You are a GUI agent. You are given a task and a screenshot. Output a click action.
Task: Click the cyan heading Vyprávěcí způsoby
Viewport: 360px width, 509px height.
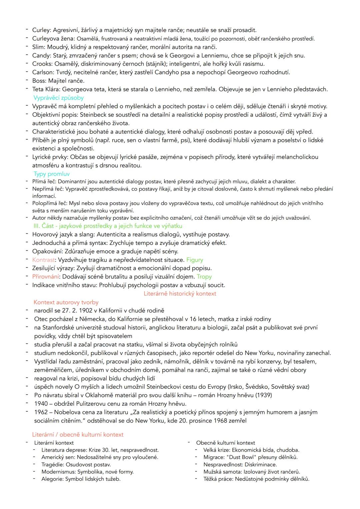coord(58,98)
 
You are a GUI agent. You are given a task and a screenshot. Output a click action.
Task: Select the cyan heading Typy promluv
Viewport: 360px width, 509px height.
coord(51,174)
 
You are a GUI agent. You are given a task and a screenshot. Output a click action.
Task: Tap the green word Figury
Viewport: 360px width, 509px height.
coord(195,260)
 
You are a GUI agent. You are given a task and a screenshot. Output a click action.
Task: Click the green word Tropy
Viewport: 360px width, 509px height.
coord(204,276)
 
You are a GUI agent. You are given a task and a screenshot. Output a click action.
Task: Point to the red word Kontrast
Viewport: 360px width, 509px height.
coord(43,260)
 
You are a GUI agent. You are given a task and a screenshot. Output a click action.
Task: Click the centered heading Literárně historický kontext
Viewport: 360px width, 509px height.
coord(180,293)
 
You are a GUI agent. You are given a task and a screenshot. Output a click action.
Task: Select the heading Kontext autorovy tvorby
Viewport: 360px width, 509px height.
coord(66,302)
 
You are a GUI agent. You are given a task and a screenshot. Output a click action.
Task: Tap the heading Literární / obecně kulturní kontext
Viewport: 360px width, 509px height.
coord(78,434)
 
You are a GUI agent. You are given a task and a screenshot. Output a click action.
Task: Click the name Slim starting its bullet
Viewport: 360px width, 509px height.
coord(38,47)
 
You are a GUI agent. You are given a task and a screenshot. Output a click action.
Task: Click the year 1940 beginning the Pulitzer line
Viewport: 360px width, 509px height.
coord(41,403)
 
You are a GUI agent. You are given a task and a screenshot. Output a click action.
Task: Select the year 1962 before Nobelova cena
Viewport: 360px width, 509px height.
coord(41,412)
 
